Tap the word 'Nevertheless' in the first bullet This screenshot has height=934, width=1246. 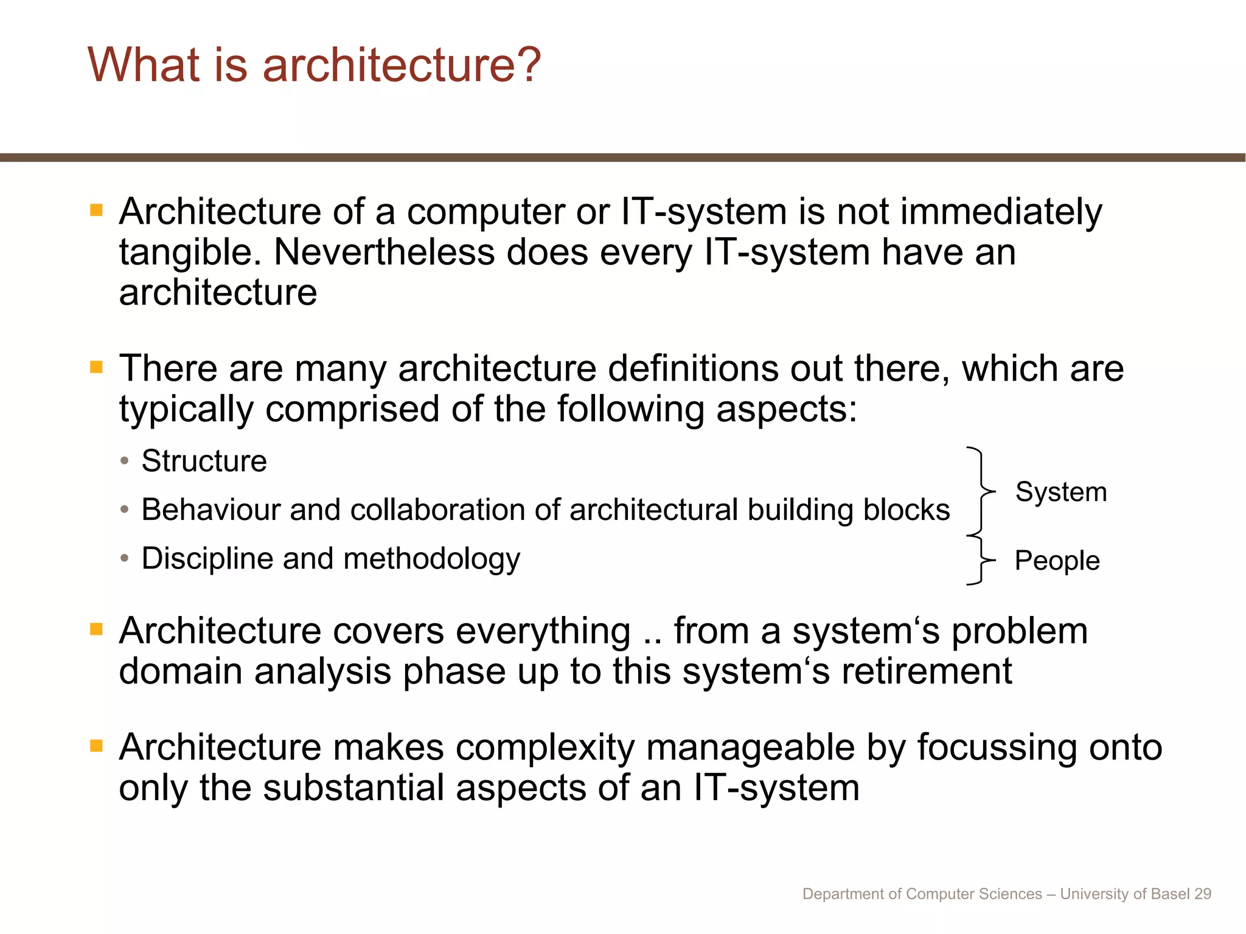tap(384, 252)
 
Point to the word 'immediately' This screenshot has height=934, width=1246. tap(1001, 212)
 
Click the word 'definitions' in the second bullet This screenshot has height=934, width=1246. tap(693, 368)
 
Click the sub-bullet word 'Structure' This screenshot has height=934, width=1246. tap(204, 461)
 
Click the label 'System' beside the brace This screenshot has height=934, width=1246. tap(1060, 492)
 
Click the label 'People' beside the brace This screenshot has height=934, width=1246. tap(1057, 561)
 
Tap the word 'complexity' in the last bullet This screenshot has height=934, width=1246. tap(545, 748)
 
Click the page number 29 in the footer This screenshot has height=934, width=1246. tap(1203, 894)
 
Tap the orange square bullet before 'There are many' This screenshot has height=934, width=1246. tap(96, 367)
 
